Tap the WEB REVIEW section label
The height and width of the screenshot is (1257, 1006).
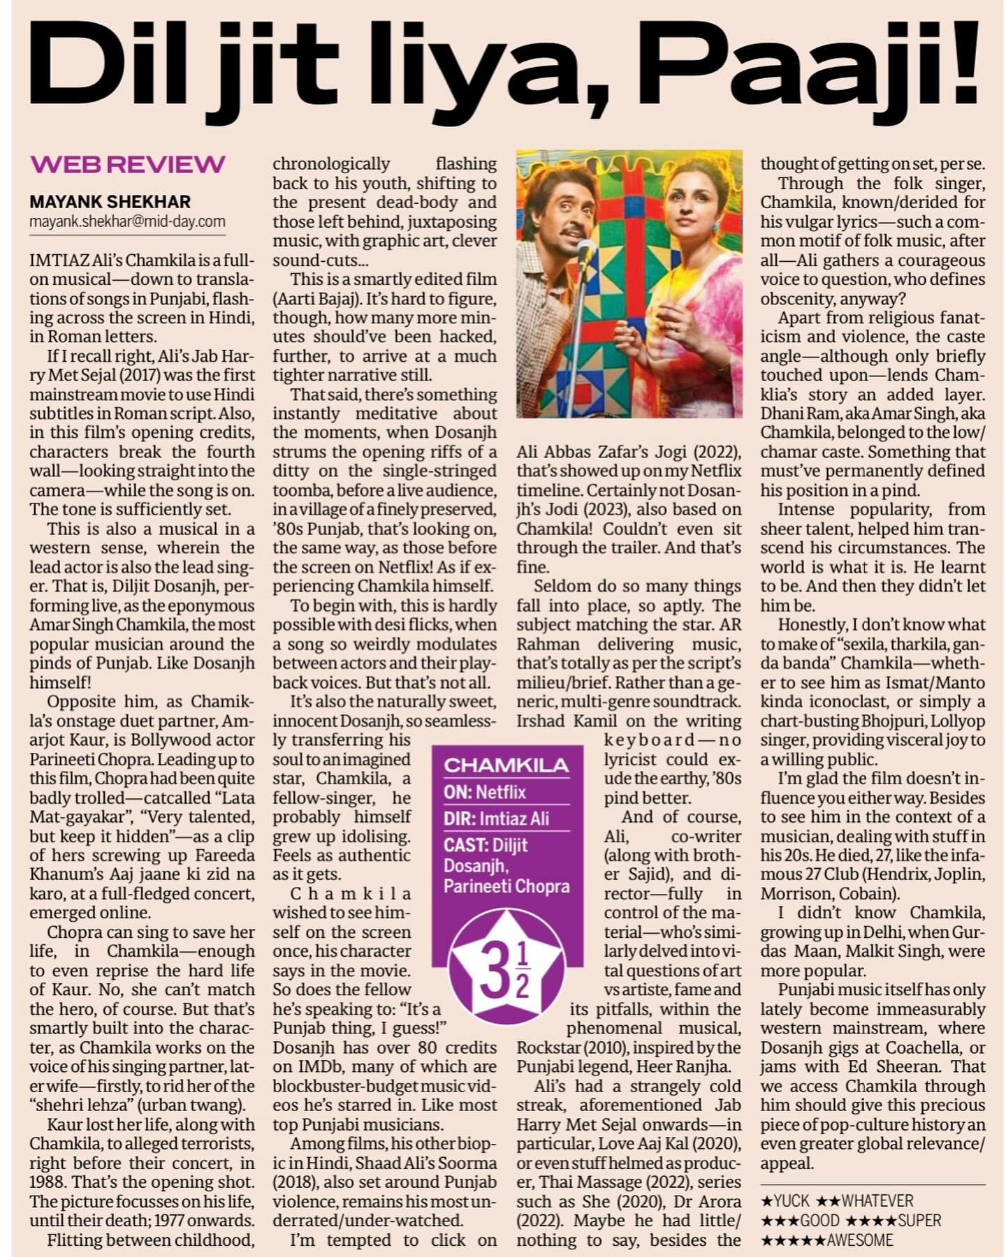[128, 165]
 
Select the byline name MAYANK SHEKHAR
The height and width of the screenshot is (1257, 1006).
[110, 202]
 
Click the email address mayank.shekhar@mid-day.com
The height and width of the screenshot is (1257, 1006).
[128, 221]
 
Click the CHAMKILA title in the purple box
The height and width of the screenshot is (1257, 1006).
[506, 765]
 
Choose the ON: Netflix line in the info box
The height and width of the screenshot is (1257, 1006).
[485, 792]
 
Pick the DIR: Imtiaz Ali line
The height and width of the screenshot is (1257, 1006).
[496, 818]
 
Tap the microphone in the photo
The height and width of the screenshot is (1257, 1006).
[585, 249]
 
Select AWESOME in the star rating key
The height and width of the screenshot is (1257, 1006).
[860, 1240]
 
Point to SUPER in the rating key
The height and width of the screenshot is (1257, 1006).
[919, 1220]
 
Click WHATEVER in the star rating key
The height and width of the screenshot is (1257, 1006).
[877, 1200]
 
